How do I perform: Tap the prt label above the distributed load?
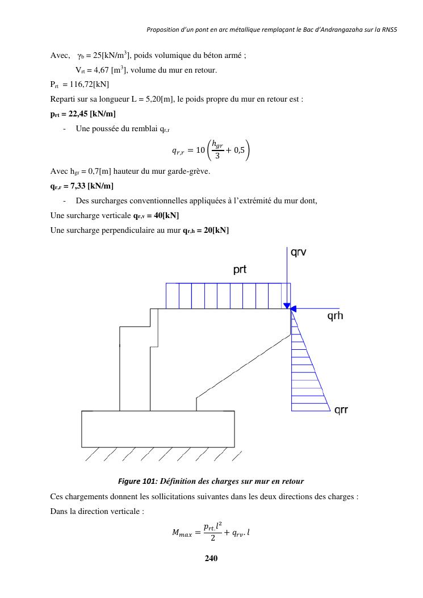[240, 270]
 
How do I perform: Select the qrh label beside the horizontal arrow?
[335, 317]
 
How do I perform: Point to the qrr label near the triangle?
[341, 409]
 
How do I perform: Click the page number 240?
[211, 558]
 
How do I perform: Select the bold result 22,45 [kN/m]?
[93, 114]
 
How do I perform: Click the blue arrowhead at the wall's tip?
[287, 306]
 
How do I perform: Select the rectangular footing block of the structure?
[158, 429]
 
